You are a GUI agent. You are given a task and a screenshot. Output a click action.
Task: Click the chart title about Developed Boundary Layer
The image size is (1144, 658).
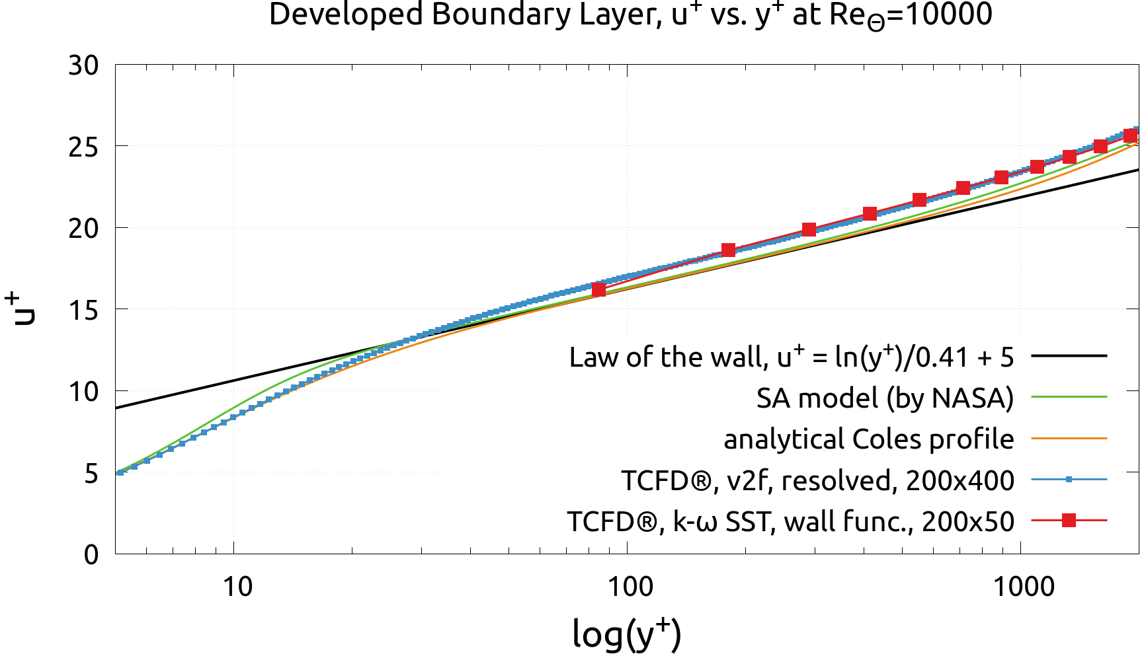tap(630, 15)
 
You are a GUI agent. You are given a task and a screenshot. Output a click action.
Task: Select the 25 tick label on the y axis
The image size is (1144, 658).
tap(83, 147)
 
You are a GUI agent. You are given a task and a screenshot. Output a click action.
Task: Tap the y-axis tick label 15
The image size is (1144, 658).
tap(83, 310)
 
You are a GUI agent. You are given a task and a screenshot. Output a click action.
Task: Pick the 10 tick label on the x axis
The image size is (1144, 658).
tap(237, 586)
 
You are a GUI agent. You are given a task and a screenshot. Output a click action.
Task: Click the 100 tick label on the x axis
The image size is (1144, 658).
tap(629, 586)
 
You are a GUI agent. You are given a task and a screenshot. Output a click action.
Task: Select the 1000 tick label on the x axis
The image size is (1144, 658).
tap(1024, 586)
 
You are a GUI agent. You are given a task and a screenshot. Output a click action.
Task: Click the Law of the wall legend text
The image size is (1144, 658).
tap(792, 357)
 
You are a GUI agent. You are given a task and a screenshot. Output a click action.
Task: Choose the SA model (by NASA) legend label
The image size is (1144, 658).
tap(885, 398)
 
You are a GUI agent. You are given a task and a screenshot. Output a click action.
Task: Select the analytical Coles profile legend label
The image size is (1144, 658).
tap(868, 439)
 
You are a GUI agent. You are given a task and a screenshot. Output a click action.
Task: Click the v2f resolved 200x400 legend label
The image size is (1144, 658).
tap(817, 480)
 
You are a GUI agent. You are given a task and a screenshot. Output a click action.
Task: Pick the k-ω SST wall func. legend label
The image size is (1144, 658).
tap(790, 521)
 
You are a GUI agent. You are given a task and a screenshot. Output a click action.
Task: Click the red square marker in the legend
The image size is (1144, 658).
tap(1069, 521)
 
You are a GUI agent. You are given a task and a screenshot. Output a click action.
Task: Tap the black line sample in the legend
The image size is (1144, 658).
tap(1069, 356)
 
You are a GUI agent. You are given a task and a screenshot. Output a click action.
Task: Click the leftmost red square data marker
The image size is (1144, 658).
tap(598, 289)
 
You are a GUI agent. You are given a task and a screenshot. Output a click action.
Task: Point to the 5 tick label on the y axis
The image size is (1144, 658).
tap(92, 474)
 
